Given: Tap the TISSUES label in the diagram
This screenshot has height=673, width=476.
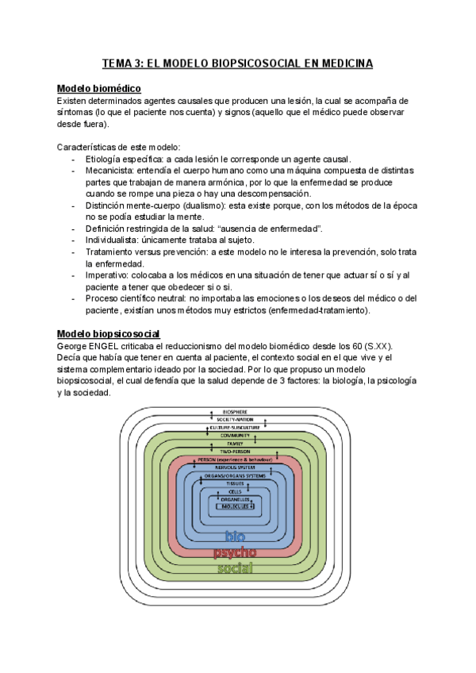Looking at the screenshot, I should [235, 483].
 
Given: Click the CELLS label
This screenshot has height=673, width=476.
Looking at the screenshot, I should [235, 491].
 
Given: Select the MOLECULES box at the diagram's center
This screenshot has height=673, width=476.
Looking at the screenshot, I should [236, 506].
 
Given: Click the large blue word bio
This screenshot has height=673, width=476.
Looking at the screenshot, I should [236, 535].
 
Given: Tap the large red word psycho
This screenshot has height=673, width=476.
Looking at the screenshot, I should [235, 552].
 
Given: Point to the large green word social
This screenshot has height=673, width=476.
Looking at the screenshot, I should [235, 568].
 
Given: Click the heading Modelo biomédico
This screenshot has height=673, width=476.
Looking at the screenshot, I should [99, 88].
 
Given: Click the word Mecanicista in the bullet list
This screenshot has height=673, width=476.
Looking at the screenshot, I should [108, 170].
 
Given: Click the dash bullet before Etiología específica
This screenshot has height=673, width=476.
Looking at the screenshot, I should [74, 159].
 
